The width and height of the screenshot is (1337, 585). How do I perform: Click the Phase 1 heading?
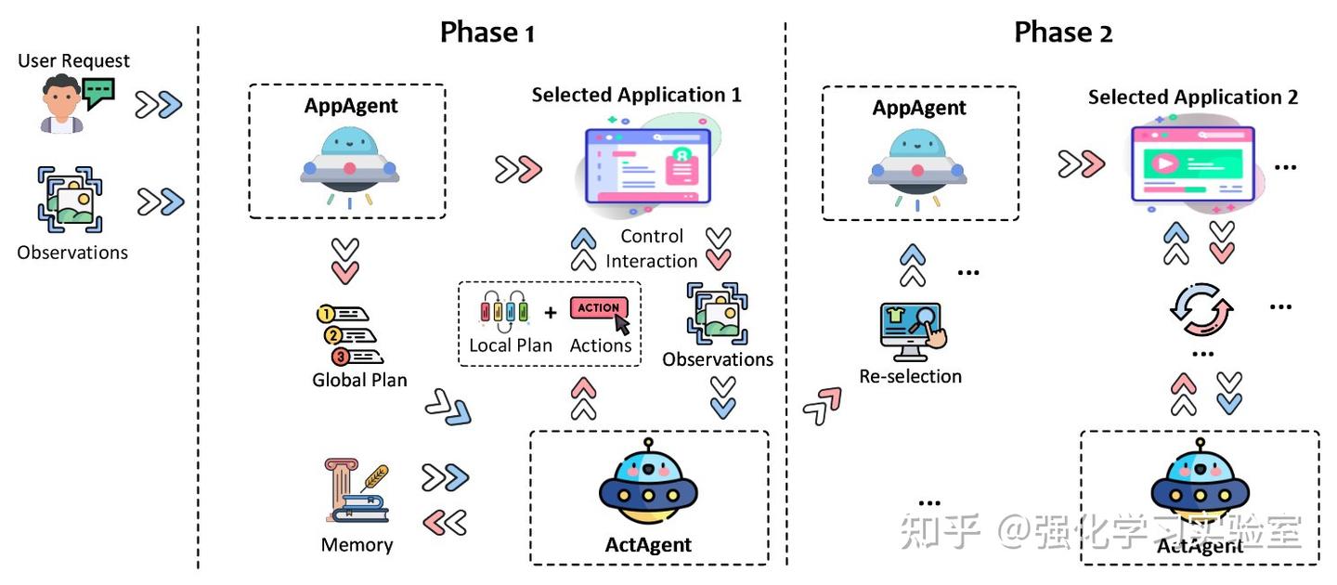pos(487,32)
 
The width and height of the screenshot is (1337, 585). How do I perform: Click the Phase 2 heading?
pos(1063,32)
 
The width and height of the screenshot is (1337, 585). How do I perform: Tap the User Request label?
pos(73,61)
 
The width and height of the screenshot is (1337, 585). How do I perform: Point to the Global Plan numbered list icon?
pos(350,335)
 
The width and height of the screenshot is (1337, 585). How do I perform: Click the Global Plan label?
pos(359,381)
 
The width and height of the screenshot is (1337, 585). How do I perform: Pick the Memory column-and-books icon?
pos(357,491)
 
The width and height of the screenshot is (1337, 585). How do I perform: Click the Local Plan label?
pos(511,345)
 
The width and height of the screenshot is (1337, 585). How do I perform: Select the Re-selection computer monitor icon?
pos(913,331)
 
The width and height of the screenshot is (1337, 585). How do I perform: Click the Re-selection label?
pos(910,377)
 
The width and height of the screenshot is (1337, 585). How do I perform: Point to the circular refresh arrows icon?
pos(1201,309)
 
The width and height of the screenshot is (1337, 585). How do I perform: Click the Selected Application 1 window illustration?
pos(649,165)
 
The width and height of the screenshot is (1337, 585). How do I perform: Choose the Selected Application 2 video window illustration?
pos(1197,164)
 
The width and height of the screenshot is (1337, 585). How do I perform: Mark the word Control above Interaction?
pos(652,237)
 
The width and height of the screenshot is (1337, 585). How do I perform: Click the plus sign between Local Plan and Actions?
pos(551,312)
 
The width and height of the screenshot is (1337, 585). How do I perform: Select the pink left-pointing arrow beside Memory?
pos(445,524)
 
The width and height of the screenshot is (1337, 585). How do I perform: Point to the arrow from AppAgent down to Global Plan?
pos(345,261)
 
